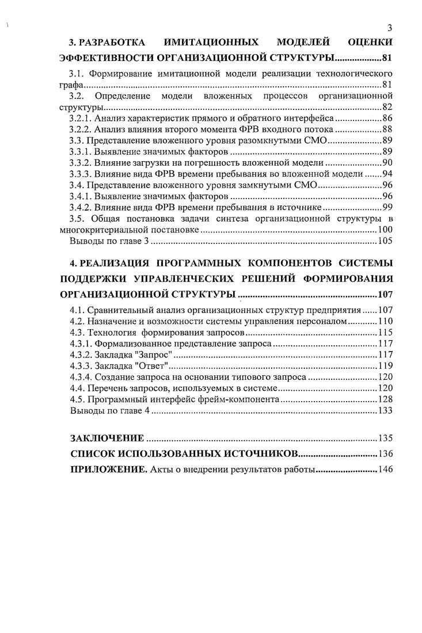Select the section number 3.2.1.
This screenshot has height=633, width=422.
click(82, 118)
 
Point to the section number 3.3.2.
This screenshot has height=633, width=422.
click(82, 163)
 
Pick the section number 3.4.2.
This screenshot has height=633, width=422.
click(82, 207)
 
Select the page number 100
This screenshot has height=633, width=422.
click(385, 230)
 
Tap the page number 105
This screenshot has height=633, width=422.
click(385, 241)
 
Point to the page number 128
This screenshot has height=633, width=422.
click(385, 399)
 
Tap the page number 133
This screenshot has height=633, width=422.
click(385, 411)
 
